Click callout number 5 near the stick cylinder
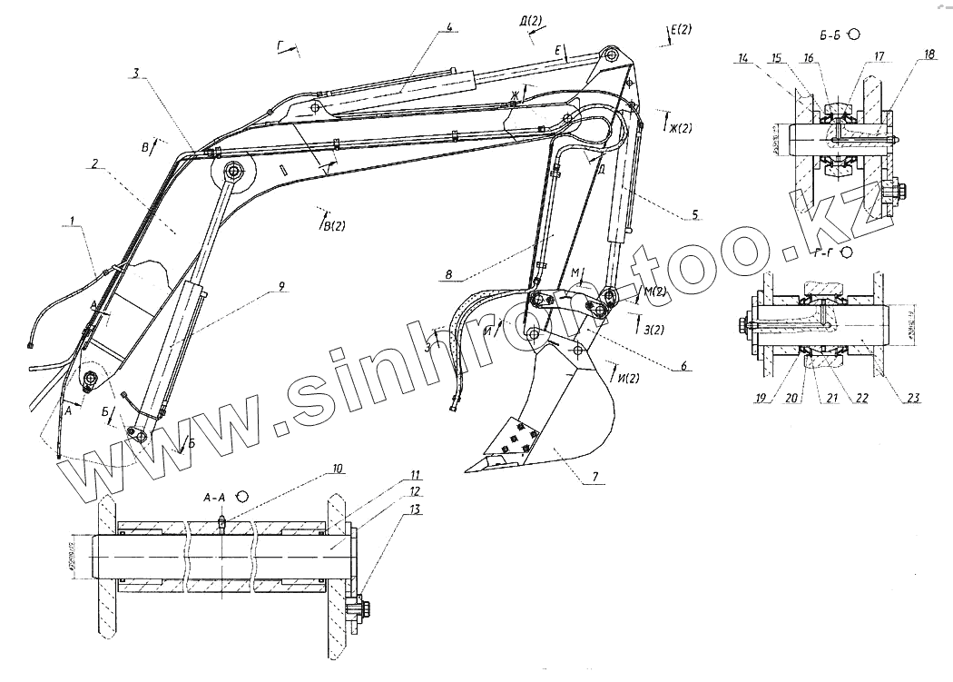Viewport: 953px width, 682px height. (x=694, y=214)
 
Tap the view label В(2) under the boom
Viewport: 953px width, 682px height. (x=333, y=225)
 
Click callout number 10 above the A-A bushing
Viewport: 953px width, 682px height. (x=337, y=469)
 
